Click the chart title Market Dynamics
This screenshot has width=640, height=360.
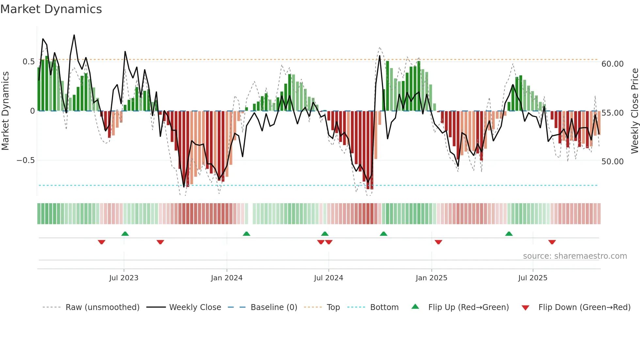[51, 9]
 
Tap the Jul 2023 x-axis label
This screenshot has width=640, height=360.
[124, 278]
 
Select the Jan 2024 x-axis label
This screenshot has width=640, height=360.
[227, 278]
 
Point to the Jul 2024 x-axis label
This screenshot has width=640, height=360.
[328, 278]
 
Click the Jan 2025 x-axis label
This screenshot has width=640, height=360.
[431, 278]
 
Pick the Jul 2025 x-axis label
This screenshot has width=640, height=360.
[533, 278]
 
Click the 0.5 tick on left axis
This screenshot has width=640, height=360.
[28, 62]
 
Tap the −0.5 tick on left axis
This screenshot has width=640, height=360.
[25, 160]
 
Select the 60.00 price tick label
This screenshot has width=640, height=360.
[613, 64]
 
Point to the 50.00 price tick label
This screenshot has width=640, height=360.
[613, 162]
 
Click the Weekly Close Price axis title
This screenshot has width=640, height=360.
[634, 111]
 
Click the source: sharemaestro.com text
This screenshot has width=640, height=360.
[575, 256]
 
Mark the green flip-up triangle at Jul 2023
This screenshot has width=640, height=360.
[125, 234]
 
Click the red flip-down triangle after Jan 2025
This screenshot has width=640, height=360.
[438, 242]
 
